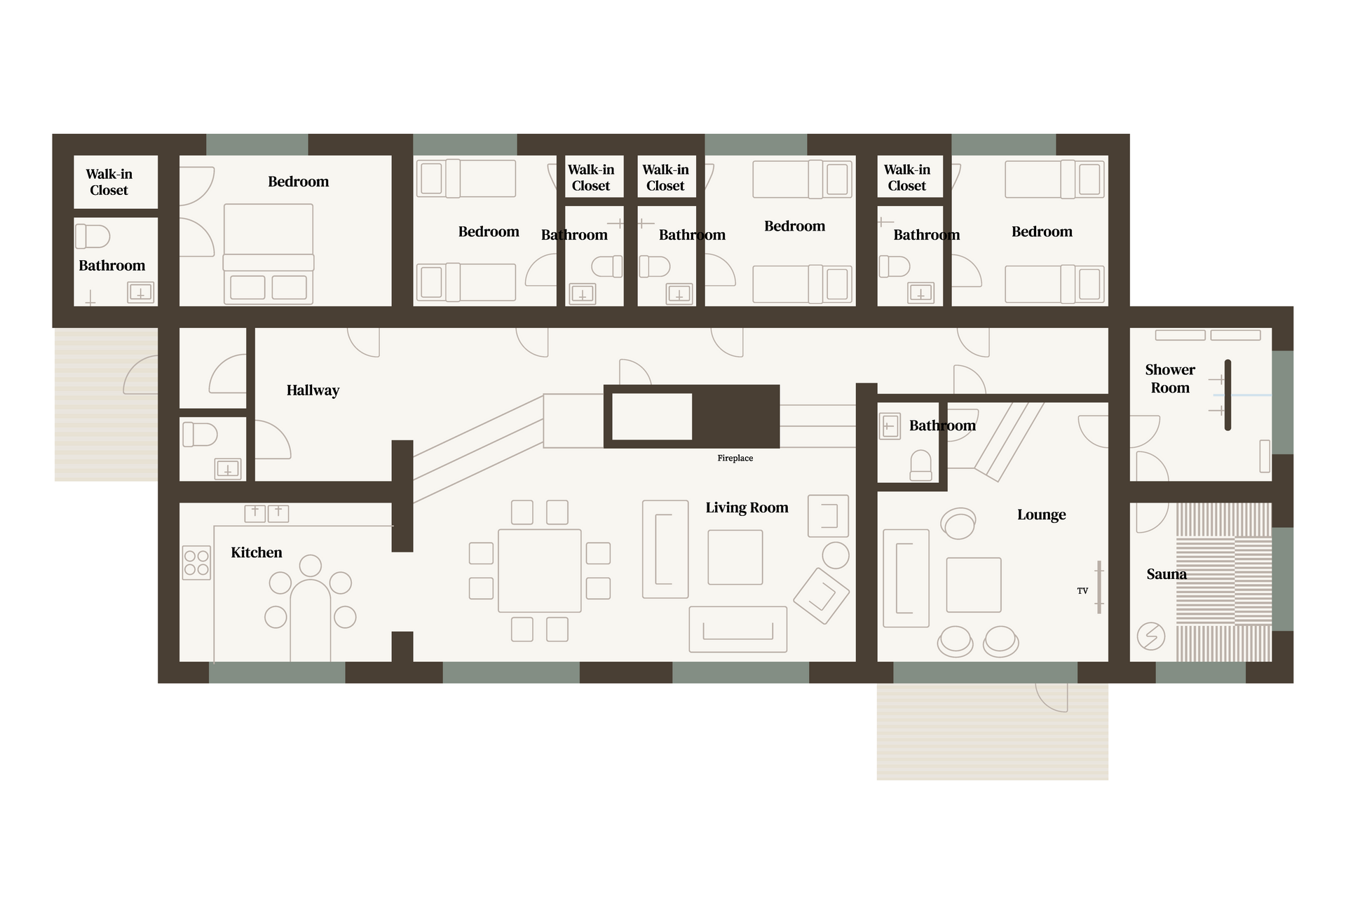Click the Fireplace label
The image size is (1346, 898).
click(735, 458)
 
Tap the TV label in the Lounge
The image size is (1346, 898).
click(1082, 591)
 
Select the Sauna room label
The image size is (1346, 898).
click(1167, 574)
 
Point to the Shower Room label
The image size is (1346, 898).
click(1170, 379)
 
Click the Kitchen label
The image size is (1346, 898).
click(257, 552)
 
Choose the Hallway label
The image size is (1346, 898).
click(313, 390)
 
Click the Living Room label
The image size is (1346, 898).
click(747, 508)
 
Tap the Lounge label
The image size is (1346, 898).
click(1041, 515)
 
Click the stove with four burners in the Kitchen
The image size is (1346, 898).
click(196, 563)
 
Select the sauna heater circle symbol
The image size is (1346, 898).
click(1150, 637)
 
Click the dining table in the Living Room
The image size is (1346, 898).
click(540, 571)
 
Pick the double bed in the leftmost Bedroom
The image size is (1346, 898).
click(268, 254)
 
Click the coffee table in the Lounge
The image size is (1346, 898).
click(974, 585)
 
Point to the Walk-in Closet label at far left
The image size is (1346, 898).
click(109, 182)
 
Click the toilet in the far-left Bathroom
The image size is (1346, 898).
click(93, 236)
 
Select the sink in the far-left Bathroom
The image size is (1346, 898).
click(140, 292)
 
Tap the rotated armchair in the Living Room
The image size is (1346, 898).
click(822, 596)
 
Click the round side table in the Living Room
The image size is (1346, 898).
click(836, 556)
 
